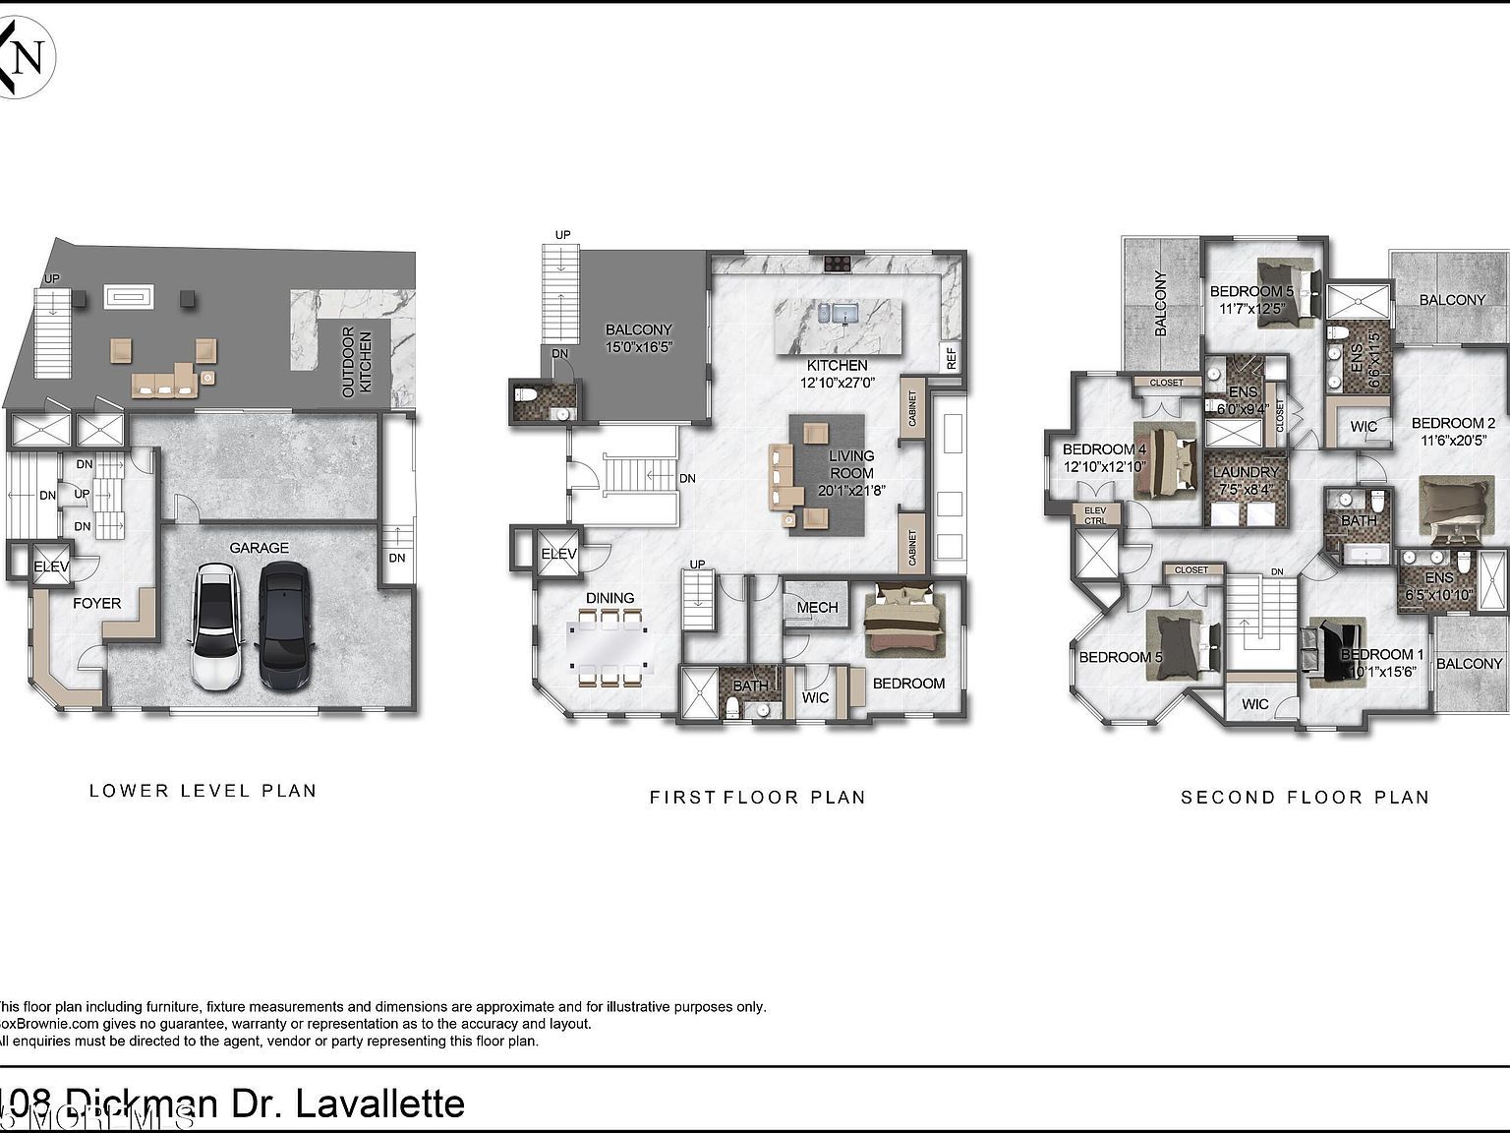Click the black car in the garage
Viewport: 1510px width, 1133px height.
click(284, 627)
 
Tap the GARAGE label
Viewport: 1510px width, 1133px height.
click(260, 548)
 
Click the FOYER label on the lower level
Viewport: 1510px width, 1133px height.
click(97, 603)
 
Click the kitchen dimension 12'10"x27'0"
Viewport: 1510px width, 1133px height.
click(837, 383)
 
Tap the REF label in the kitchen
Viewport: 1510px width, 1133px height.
click(951, 358)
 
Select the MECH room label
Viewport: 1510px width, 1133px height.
click(817, 608)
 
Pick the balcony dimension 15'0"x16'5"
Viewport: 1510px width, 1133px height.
click(638, 346)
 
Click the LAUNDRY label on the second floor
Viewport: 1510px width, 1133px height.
click(1246, 472)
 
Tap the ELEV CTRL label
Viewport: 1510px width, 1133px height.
click(1095, 514)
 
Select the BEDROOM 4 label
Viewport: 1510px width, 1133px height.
click(1104, 449)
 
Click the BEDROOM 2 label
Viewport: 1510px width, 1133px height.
click(1453, 424)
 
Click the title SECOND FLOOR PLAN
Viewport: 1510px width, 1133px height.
click(1305, 797)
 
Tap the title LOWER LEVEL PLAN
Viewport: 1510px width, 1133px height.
click(203, 790)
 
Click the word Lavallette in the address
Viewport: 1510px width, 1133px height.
click(380, 1103)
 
